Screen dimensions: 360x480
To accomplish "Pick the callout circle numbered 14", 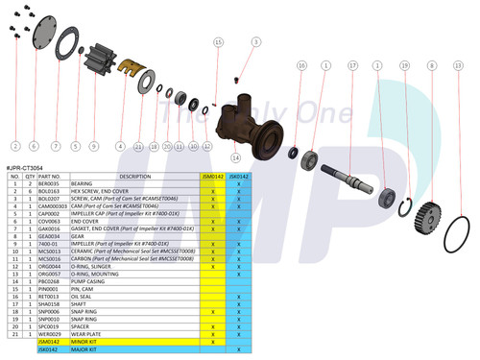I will tap(234, 156).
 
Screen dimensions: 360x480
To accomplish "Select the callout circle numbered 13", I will tap(458, 66).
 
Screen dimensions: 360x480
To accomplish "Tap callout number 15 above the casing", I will tap(219, 43).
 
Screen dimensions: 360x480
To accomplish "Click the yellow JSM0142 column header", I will tap(212, 177).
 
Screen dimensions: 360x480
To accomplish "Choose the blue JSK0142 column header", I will tap(238, 177).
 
